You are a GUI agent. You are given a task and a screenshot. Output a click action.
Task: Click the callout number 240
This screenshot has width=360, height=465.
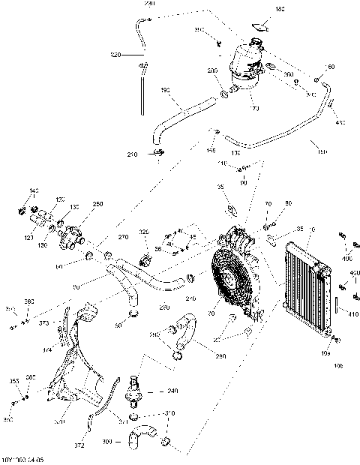coord(173,391)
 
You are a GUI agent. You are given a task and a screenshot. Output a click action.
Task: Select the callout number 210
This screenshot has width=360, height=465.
coord(133,154)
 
